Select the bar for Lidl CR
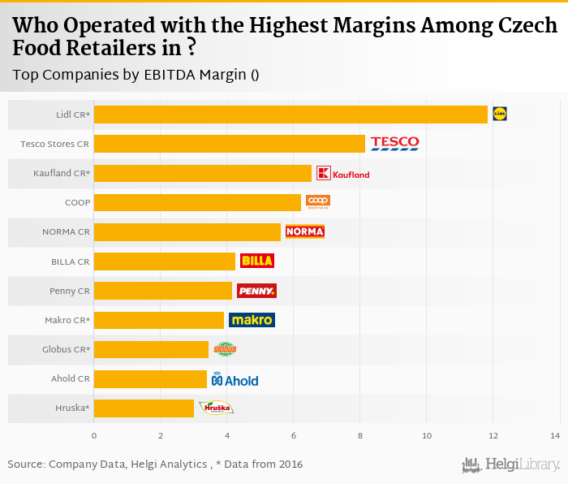pyautogui.click(x=290, y=115)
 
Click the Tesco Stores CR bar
pyautogui.click(x=230, y=144)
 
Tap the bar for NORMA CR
pyautogui.click(x=187, y=231)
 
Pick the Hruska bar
pyautogui.click(x=144, y=408)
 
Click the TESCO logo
pyautogui.click(x=394, y=144)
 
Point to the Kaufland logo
pyautogui.click(x=342, y=173)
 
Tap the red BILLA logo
pyautogui.click(x=256, y=261)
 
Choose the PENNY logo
pyautogui.click(x=256, y=291)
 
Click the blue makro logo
pyautogui.click(x=252, y=320)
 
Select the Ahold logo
pyautogui.click(x=235, y=379)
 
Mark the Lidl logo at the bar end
pyautogui.click(x=499, y=115)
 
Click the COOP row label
pyautogui.click(x=77, y=202)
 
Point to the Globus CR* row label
pyautogui.click(x=66, y=349)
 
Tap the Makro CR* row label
pyautogui.click(x=67, y=320)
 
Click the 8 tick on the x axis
pyautogui.click(x=360, y=437)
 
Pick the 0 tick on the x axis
pyautogui.click(x=94, y=437)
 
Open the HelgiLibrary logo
pyautogui.click(x=510, y=465)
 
